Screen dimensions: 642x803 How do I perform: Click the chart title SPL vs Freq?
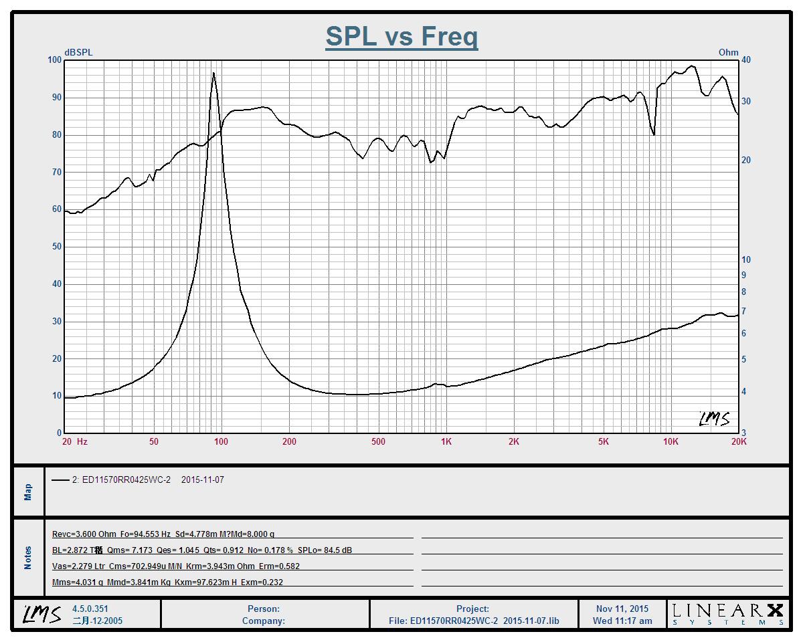401,36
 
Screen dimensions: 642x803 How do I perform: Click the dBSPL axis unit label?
79,52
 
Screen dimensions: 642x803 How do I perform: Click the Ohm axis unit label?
728,52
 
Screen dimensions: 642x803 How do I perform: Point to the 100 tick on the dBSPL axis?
54,60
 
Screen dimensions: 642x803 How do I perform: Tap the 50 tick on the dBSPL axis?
54,247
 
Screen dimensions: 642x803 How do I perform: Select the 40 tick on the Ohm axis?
746,60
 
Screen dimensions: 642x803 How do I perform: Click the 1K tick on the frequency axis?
446,441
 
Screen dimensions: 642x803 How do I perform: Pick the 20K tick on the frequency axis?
738,441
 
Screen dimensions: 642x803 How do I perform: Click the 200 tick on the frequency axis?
289,441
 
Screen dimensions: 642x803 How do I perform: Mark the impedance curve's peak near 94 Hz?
213,73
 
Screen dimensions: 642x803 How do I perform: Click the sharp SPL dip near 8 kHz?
654,134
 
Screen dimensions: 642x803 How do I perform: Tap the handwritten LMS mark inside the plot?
714,419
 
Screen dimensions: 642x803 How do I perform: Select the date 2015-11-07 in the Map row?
202,480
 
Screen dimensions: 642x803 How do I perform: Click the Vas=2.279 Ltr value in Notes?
78,566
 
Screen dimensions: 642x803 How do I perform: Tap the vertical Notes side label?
28,558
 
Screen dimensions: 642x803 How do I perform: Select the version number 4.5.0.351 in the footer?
90,609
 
